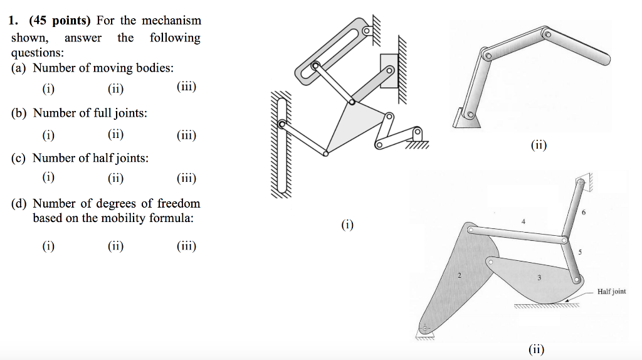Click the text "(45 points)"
(x=60, y=21)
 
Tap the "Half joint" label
(x=611, y=292)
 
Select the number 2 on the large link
(x=459, y=275)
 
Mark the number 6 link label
(x=583, y=213)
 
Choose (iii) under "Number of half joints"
(x=187, y=178)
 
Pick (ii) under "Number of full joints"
(x=115, y=134)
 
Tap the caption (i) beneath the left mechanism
(x=347, y=224)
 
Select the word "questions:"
(x=33, y=53)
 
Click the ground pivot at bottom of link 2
(x=426, y=327)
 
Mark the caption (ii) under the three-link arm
(x=538, y=146)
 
